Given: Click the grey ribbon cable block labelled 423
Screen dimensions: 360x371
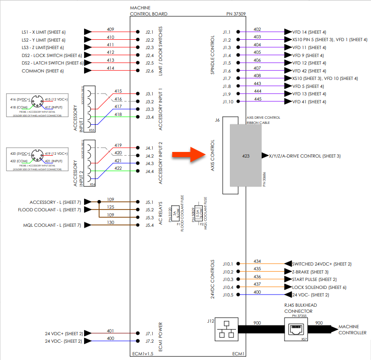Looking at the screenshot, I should tap(245, 155).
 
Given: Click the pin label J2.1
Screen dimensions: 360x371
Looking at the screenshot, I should tap(149, 32).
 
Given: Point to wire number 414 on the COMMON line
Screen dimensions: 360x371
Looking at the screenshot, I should tap(110, 69).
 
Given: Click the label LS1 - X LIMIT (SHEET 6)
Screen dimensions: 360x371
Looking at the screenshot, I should tap(43, 32).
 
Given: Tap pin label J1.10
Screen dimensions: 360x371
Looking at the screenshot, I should tap(228, 101).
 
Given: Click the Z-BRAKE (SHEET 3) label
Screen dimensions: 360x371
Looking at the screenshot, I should tap(310, 272).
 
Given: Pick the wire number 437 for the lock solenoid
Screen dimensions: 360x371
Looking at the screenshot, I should tap(257, 285).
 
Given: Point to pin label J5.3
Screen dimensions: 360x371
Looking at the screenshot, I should tap(149, 217).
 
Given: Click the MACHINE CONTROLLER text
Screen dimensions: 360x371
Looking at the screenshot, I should tap(353, 329).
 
